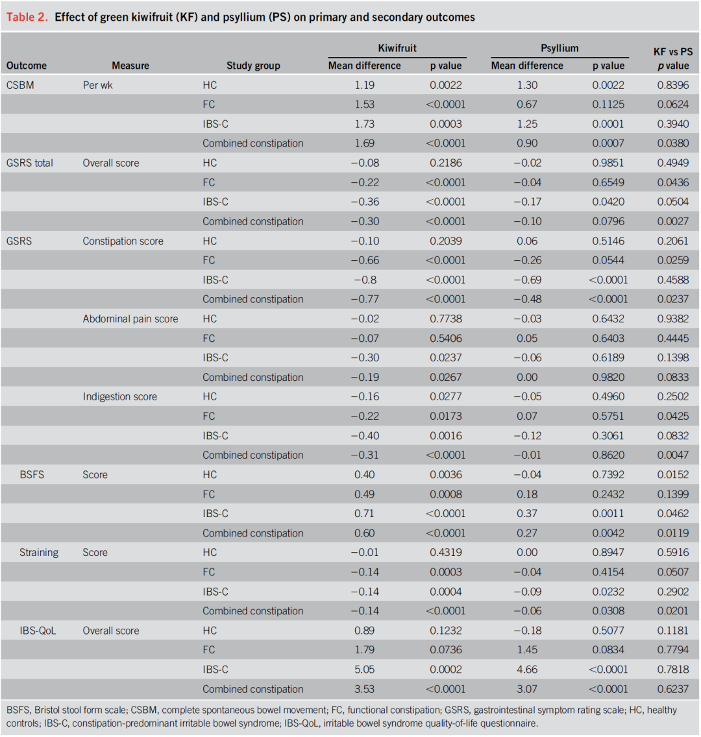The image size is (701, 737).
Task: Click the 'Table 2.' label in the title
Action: coord(27,18)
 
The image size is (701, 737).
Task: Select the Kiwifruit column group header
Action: coord(397,48)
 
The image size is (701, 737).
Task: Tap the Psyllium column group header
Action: coord(560,48)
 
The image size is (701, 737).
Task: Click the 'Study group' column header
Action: coord(253,66)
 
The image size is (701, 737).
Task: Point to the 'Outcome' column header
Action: coord(27,66)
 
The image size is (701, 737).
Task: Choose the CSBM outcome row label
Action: coord(21,85)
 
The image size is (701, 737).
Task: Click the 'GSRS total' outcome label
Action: coord(30,163)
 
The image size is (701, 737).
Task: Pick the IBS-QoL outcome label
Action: coord(38,631)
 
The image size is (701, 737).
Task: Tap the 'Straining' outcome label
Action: coord(39,553)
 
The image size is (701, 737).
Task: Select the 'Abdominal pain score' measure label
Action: coord(130,319)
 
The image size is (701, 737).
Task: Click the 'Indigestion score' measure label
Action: coord(120,396)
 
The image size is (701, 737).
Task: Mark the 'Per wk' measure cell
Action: coord(97,85)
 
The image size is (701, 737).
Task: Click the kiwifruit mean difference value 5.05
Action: coord(364,670)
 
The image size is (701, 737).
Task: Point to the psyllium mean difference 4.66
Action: coord(526,670)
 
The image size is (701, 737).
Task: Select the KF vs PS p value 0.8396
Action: coord(672,85)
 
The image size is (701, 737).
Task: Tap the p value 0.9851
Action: coord(608,163)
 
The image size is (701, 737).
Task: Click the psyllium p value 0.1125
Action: coord(608,104)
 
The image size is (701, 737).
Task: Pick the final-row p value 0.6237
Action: coord(672,689)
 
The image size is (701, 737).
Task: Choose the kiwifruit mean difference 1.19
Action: coord(364,85)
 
